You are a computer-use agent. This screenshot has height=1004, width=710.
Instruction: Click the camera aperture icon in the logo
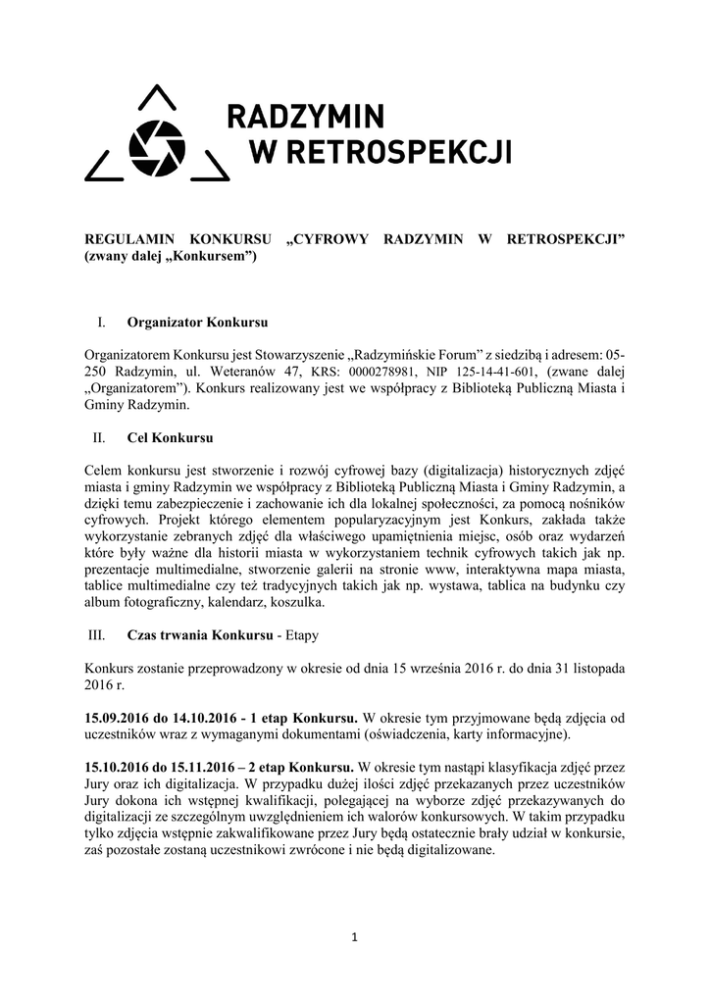157,146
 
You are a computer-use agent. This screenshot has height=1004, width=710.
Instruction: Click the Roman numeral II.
98,436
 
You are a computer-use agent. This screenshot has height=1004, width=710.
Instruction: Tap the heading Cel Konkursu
170,436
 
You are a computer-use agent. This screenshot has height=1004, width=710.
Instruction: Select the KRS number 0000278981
387,372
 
